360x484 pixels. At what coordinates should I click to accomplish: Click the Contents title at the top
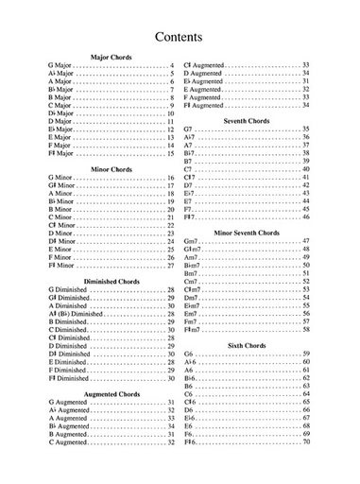point(180,37)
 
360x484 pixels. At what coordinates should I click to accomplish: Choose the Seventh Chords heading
point(245,121)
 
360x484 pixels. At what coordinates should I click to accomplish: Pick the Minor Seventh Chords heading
point(246,232)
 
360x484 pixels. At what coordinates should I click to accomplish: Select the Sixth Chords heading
point(246,344)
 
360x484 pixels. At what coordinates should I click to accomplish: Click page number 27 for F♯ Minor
point(171,266)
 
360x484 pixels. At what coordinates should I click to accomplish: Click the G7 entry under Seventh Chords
point(188,130)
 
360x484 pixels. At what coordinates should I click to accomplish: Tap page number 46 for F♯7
point(305,217)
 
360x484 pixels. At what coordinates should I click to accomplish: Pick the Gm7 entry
point(191,241)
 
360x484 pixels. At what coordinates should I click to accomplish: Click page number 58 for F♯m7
point(305,329)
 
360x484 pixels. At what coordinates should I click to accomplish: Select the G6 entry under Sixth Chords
point(188,354)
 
